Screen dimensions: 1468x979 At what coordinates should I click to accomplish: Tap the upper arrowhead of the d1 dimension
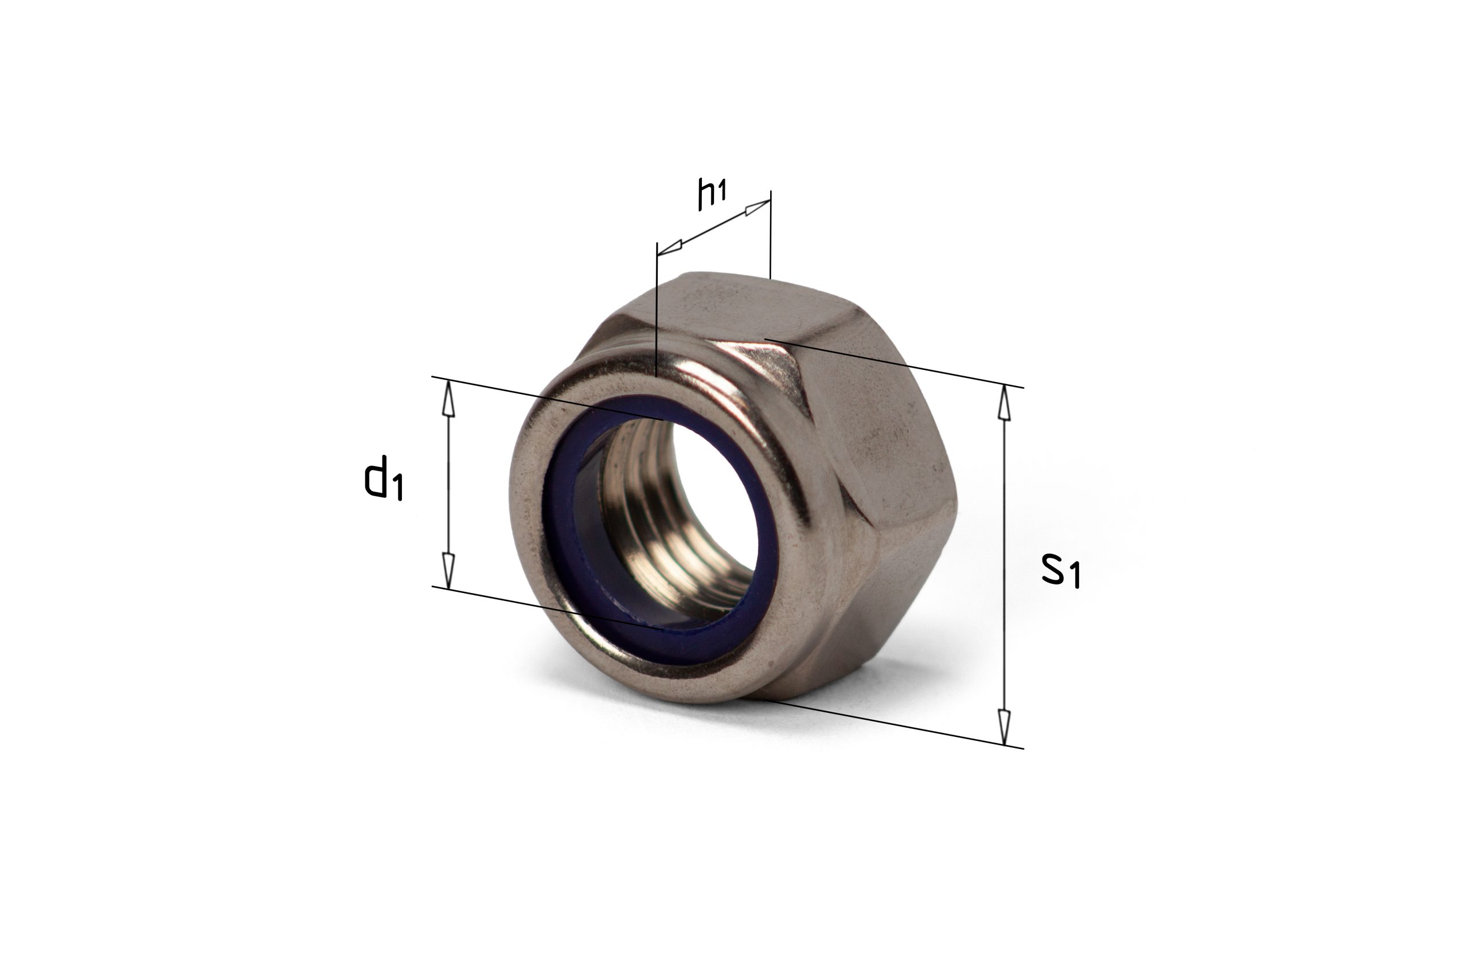click(x=448, y=399)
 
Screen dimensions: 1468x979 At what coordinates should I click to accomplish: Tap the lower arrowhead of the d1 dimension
click(x=448, y=570)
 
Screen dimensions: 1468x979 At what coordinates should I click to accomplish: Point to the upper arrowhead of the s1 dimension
click(x=1004, y=402)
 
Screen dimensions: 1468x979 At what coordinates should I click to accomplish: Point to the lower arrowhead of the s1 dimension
click(x=1004, y=727)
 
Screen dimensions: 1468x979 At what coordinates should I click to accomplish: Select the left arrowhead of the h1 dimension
click(x=670, y=248)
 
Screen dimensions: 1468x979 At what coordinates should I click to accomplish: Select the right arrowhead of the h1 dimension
click(x=758, y=208)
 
